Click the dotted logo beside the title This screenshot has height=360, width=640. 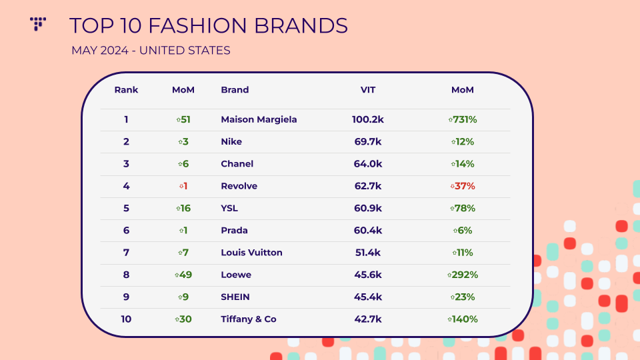(37, 24)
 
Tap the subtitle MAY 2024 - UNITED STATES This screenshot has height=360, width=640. (151, 50)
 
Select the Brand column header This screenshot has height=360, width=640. (235, 90)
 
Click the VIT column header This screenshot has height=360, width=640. (368, 90)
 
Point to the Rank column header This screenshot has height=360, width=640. (126, 90)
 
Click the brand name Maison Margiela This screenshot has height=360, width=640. (259, 119)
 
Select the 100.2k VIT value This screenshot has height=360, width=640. (368, 119)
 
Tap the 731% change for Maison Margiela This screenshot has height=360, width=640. (463, 119)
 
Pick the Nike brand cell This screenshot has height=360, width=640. (231, 141)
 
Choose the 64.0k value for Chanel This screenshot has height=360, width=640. (368, 164)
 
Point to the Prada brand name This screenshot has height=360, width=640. (234, 230)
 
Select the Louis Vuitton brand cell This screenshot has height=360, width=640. (251, 253)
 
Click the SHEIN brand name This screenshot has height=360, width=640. (235, 297)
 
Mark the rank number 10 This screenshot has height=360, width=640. (126, 319)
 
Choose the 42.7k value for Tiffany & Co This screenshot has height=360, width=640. (368, 319)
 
